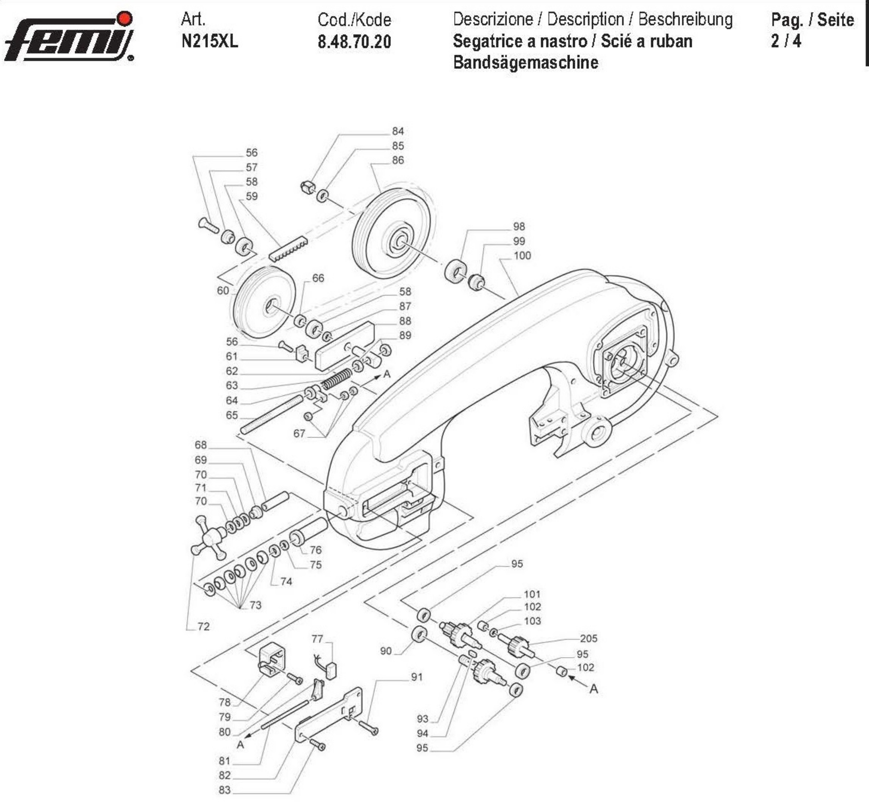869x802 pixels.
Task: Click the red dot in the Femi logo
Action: pyautogui.click(x=125, y=18)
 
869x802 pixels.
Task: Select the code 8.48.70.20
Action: pyautogui.click(x=354, y=42)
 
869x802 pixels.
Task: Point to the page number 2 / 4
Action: pyautogui.click(x=786, y=41)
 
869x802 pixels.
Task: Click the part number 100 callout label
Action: pyautogui.click(x=522, y=256)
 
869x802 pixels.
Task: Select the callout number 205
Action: pyautogui.click(x=588, y=638)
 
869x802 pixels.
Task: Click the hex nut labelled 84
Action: pyautogui.click(x=307, y=187)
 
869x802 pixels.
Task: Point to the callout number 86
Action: pyautogui.click(x=398, y=160)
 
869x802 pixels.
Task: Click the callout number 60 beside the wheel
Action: pyautogui.click(x=223, y=290)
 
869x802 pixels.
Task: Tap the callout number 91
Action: pyautogui.click(x=417, y=677)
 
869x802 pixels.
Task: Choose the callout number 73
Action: pyautogui.click(x=256, y=605)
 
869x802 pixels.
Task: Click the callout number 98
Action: pyautogui.click(x=519, y=227)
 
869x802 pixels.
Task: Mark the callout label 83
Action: pyautogui.click(x=225, y=790)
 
